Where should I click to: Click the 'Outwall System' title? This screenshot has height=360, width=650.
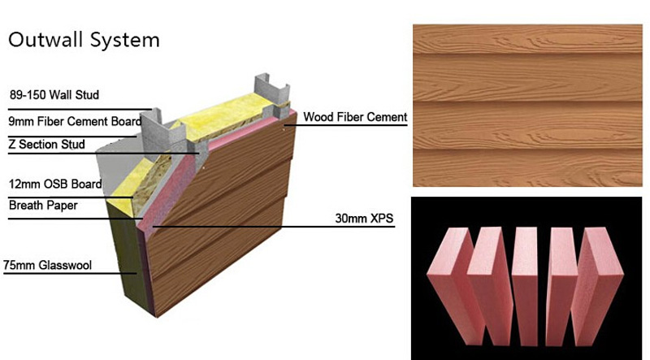84,40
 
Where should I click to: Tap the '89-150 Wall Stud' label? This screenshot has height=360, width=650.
54,95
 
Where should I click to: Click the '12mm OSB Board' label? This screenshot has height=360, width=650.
54,184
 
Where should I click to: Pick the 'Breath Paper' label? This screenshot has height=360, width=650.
43,206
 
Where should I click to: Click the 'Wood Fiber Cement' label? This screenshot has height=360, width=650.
355,117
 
